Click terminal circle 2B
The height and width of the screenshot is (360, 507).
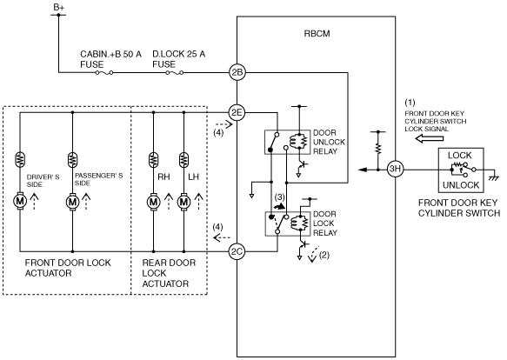pyautogui.click(x=237, y=72)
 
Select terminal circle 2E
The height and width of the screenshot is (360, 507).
pyautogui.click(x=237, y=112)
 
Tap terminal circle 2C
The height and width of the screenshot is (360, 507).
pyautogui.click(x=237, y=251)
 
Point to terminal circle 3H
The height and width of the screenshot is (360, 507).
pyautogui.click(x=395, y=170)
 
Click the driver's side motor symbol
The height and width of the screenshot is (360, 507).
pyautogui.click(x=20, y=201)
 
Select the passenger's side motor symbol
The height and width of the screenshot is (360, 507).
pyautogui.click(x=72, y=202)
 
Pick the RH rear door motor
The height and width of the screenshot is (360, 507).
pyautogui.click(x=153, y=202)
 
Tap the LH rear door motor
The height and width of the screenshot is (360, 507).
pyautogui.click(x=183, y=202)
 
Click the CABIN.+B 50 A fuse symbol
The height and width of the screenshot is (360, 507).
pyautogui.click(x=104, y=73)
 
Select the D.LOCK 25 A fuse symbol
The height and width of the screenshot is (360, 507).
pyautogui.click(x=174, y=73)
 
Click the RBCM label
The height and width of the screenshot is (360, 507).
pyautogui.click(x=317, y=34)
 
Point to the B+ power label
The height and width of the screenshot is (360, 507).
pyautogui.click(x=59, y=8)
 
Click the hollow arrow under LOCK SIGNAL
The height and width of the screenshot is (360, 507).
pyautogui.click(x=429, y=139)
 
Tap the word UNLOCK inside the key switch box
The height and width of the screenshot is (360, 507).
pyautogui.click(x=461, y=185)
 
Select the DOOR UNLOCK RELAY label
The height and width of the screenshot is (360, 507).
pyautogui.click(x=329, y=142)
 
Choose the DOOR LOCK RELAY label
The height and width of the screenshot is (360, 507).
pyautogui.click(x=325, y=223)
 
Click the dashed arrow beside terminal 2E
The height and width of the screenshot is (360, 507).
pyautogui.click(x=224, y=123)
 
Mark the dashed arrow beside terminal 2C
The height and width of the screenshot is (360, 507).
pyautogui.click(x=222, y=238)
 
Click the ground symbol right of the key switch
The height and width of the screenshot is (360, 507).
pyautogui.click(x=493, y=177)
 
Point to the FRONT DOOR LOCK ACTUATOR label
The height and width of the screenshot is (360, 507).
pyautogui.click(x=68, y=268)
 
